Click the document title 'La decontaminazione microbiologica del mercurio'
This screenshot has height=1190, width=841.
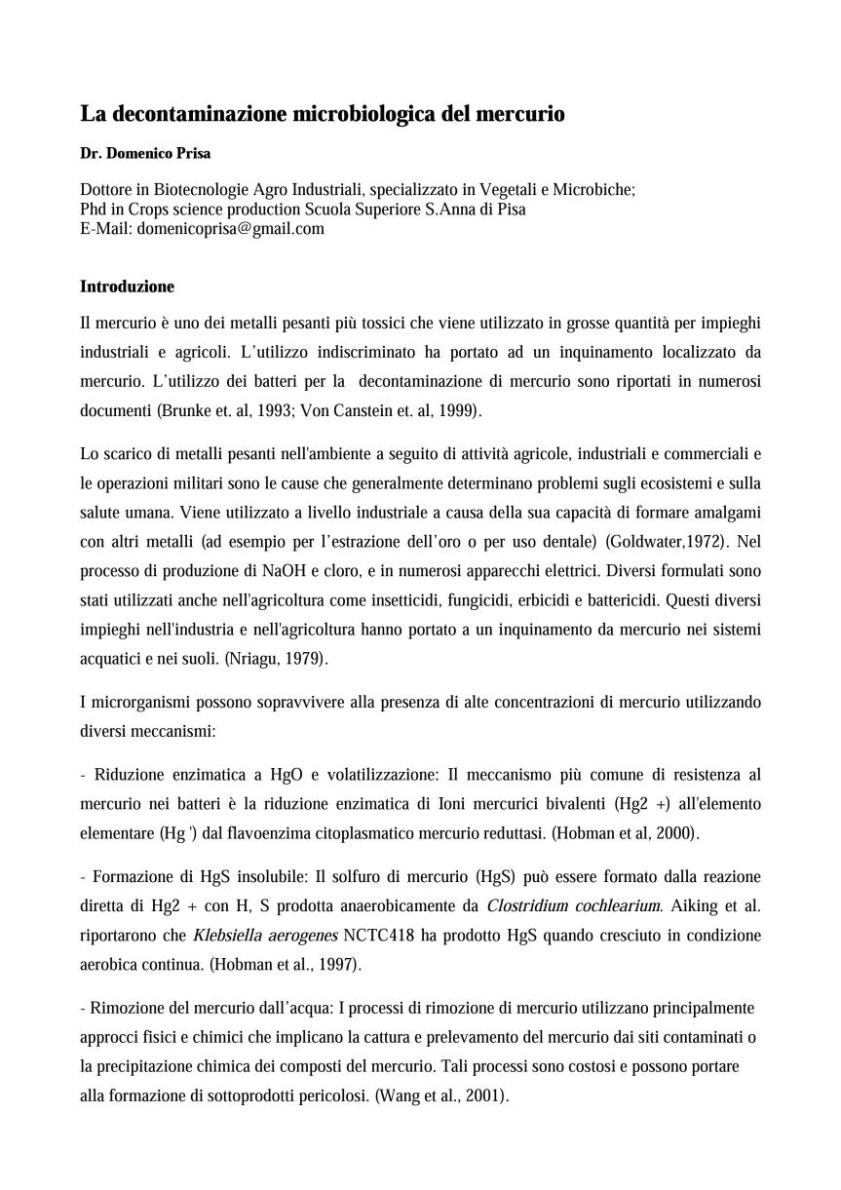[x=322, y=114]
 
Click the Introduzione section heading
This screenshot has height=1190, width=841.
[x=127, y=287]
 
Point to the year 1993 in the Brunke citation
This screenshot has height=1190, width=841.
[x=274, y=411]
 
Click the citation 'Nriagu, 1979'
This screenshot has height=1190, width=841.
[x=277, y=658]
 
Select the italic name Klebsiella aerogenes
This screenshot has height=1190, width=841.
[x=265, y=936]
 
